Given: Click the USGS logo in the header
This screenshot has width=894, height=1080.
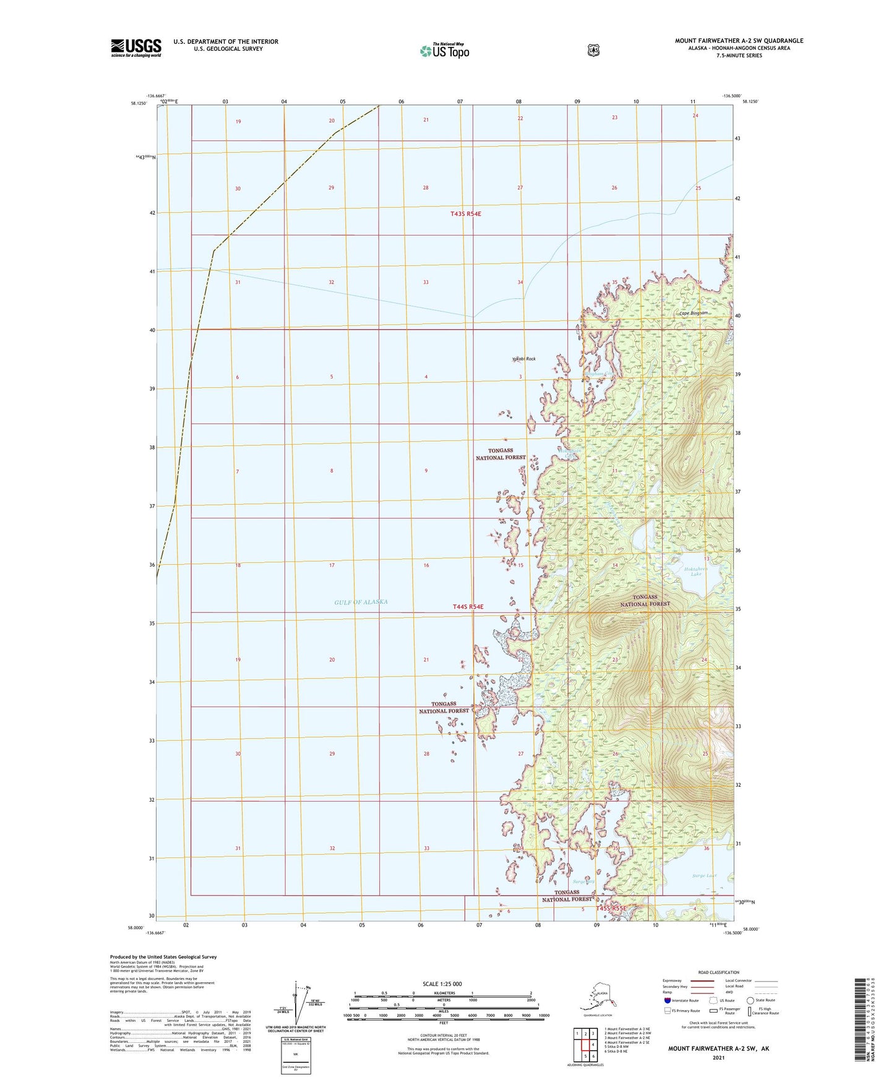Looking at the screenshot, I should click(x=136, y=48).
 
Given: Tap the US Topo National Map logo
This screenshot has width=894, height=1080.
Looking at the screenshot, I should click(x=444, y=50).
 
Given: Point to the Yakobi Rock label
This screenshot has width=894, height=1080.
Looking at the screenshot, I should click(x=523, y=359).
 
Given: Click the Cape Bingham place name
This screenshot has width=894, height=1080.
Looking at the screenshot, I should click(x=693, y=313).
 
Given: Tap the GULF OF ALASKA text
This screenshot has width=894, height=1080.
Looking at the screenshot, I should click(x=361, y=602).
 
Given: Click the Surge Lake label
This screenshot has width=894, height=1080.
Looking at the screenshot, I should click(x=704, y=875).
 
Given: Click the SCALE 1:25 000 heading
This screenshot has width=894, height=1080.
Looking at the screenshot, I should click(x=442, y=984).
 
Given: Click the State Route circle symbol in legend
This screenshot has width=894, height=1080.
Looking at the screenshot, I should click(x=750, y=1000).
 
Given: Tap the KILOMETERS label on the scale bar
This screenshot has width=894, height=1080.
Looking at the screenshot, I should click(x=442, y=993).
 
